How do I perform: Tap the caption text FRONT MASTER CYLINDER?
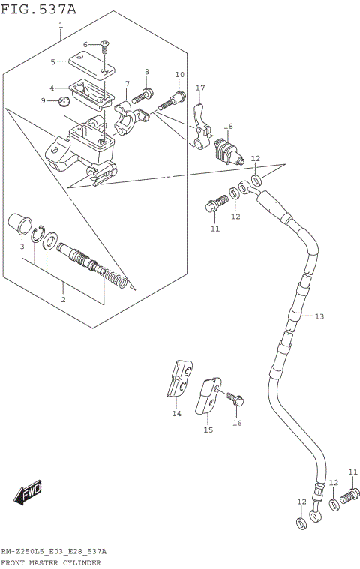click(x=51, y=562)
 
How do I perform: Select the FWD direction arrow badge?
click(x=28, y=493)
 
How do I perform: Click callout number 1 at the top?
click(x=61, y=25)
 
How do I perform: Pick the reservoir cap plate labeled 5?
click(x=91, y=62)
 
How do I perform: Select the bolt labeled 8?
click(x=144, y=95)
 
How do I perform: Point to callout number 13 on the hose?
click(x=319, y=316)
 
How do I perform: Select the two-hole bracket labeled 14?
click(x=180, y=379)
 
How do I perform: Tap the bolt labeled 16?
click(x=235, y=398)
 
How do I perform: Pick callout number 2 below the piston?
click(x=63, y=299)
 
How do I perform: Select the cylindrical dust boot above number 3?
click(x=19, y=224)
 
